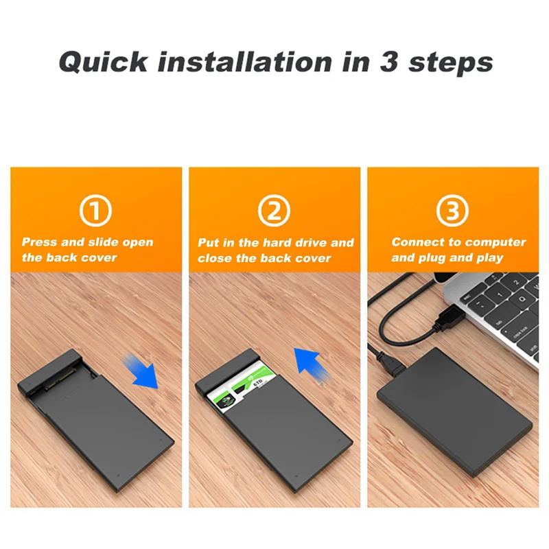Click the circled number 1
click(x=96, y=211)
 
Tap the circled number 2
click(x=274, y=211)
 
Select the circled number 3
click(x=453, y=211)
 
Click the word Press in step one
click(x=40, y=242)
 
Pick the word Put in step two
click(x=209, y=243)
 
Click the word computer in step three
click(x=495, y=242)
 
